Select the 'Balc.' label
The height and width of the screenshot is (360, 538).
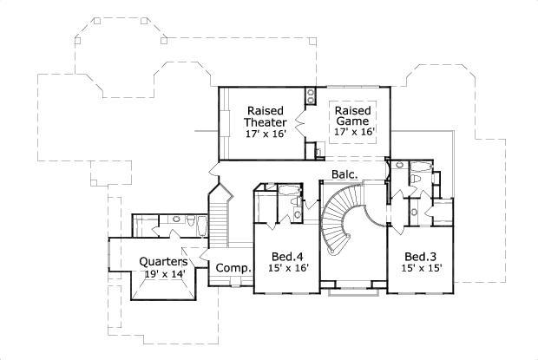pyautogui.click(x=343, y=175)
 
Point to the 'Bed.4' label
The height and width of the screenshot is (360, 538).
pyautogui.click(x=285, y=257)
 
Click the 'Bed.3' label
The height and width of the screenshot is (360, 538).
pyautogui.click(x=420, y=257)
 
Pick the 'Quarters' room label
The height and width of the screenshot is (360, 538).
pyautogui.click(x=164, y=262)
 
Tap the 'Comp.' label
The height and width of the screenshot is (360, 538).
pyautogui.click(x=233, y=268)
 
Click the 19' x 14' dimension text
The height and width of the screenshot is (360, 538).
pyautogui.click(x=164, y=274)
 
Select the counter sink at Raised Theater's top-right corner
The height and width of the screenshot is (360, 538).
pyautogui.click(x=310, y=95)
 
